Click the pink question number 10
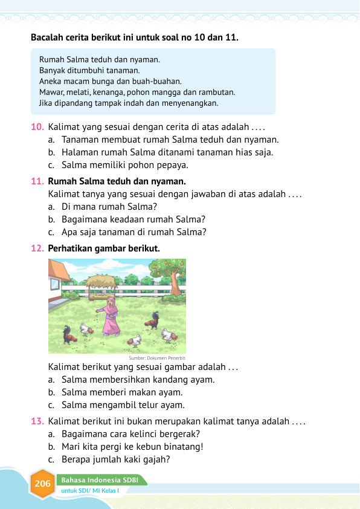(x=37, y=128)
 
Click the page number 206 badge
(x=43, y=484)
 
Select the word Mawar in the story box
(x=51, y=92)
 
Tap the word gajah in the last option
(x=152, y=459)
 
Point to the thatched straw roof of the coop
(x=101, y=280)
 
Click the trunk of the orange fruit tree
(x=176, y=282)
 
